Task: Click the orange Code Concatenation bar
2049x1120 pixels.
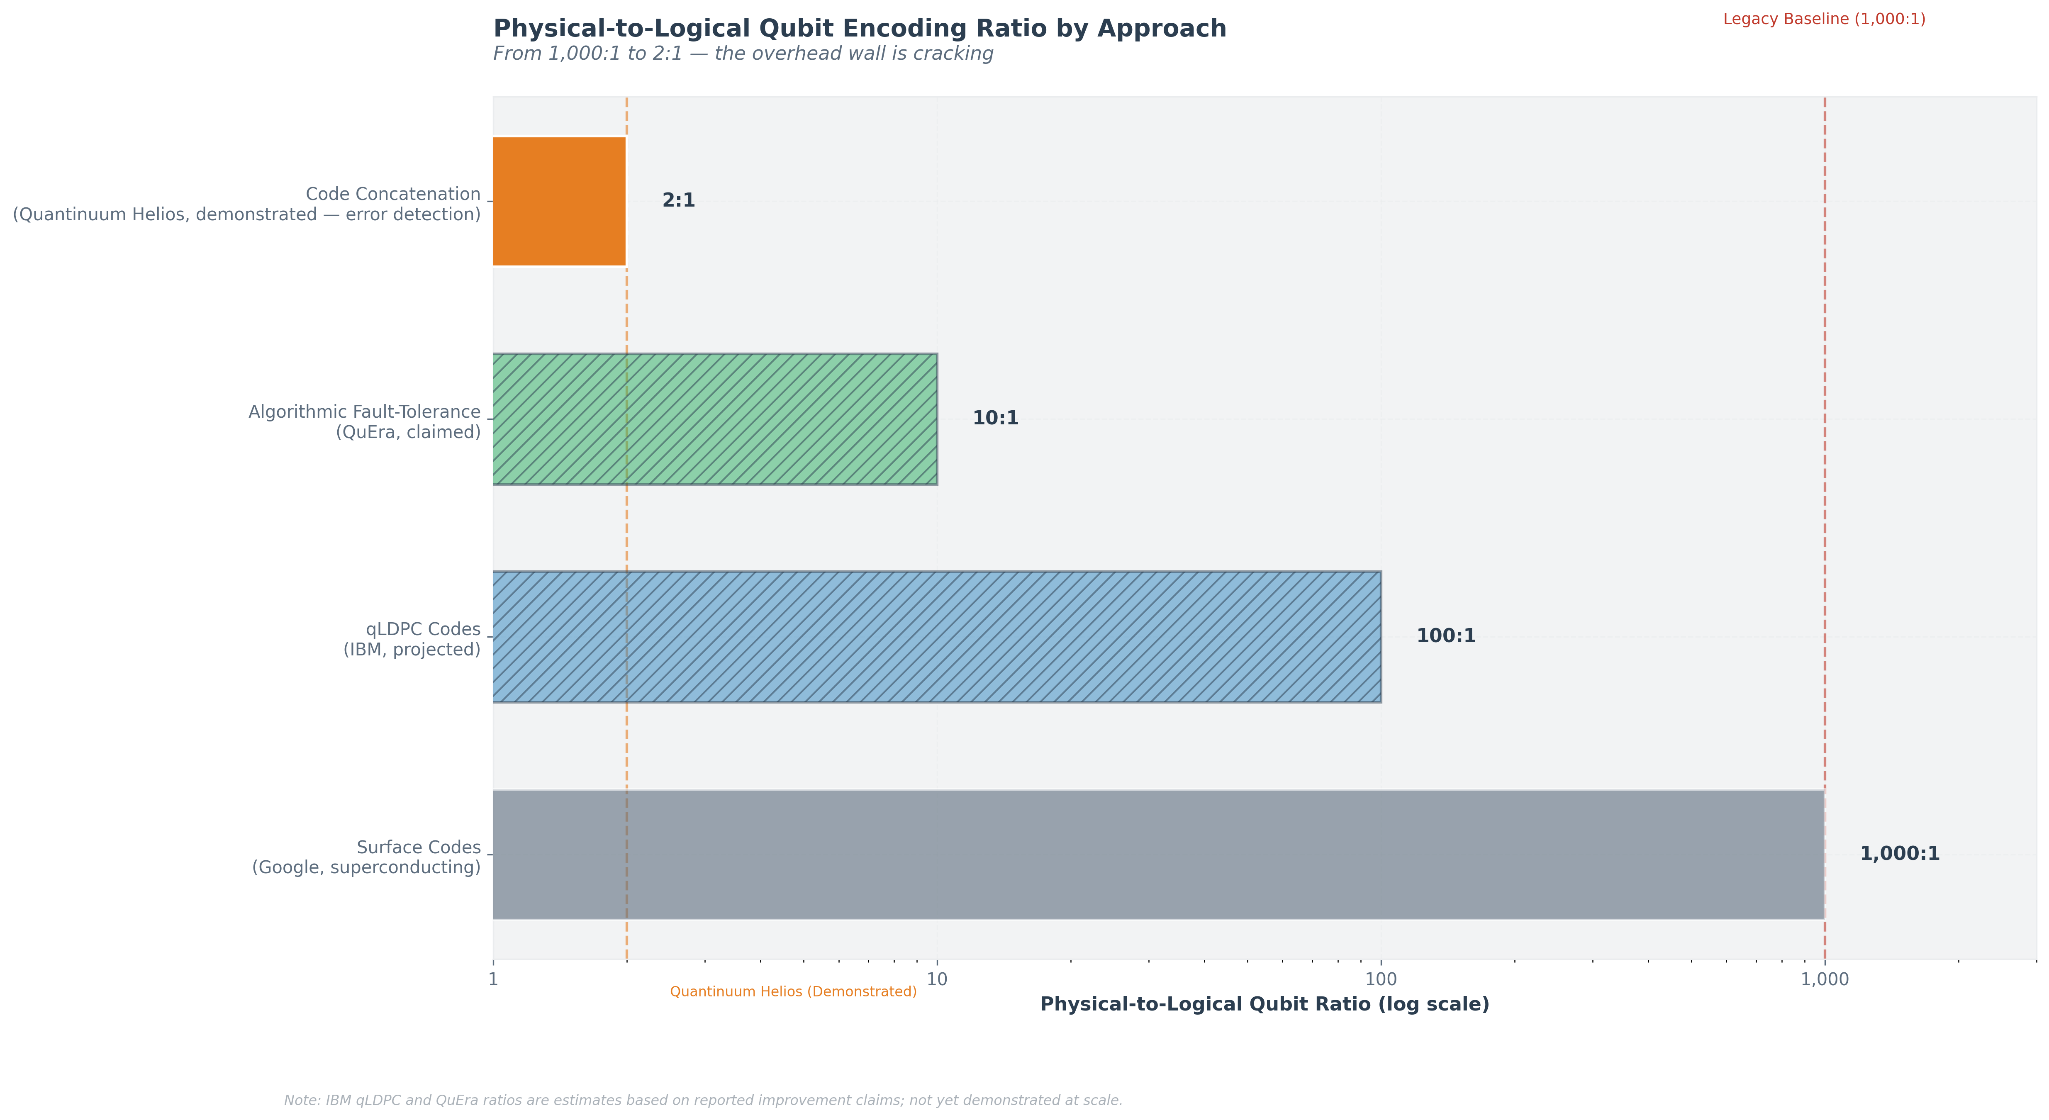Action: pos(559,201)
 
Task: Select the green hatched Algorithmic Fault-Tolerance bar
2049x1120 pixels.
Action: pos(714,419)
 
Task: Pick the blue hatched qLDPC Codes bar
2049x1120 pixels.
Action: pos(936,636)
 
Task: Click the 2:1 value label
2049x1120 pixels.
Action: pos(678,200)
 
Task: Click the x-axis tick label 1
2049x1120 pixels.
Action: pos(493,979)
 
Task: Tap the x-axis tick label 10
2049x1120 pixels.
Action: pos(937,979)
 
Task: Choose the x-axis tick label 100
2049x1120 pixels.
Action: pos(1381,979)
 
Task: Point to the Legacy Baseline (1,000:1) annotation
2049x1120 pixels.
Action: pos(1824,19)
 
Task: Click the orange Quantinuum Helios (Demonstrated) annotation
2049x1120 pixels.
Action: pos(793,992)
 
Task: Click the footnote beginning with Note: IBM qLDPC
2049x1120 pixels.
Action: pos(703,1101)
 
